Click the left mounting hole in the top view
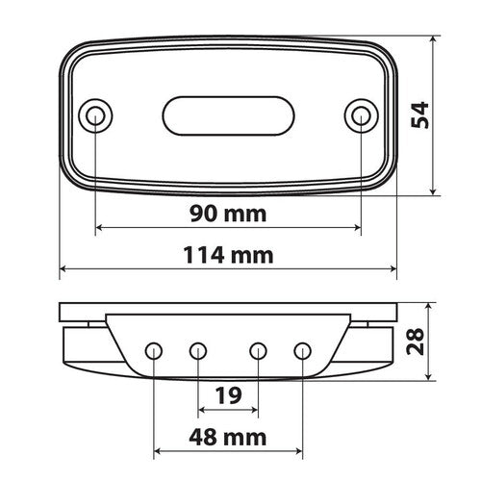click(x=95, y=116)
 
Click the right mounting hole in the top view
click(x=360, y=116)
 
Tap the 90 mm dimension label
click(x=228, y=212)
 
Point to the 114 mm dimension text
click(x=228, y=255)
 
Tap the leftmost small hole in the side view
click(x=154, y=349)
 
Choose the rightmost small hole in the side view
click(x=303, y=349)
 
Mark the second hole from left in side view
click(x=198, y=349)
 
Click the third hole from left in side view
click(x=258, y=349)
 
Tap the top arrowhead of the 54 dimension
click(x=435, y=41)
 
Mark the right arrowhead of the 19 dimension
click(x=253, y=409)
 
